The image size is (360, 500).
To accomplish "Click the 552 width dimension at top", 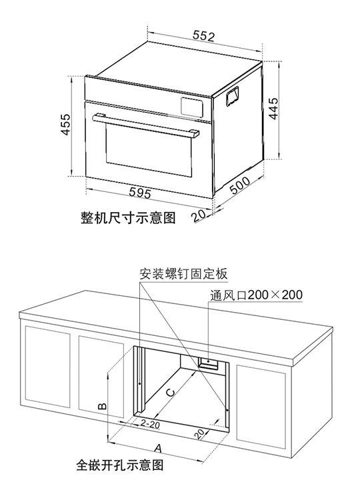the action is [x=204, y=36].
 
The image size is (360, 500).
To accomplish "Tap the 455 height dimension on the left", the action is [x=66, y=124].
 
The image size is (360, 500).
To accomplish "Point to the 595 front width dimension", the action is [x=139, y=192].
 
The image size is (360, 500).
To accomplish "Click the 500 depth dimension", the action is [x=240, y=185].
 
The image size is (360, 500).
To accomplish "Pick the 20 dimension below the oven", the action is [x=199, y=216].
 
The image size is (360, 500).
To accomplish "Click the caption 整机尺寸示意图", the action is [x=128, y=218].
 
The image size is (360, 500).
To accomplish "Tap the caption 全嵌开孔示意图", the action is [x=120, y=465].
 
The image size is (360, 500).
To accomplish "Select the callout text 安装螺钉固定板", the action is [x=184, y=274].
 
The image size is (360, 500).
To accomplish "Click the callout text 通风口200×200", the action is [x=256, y=295].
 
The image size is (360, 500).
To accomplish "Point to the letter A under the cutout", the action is [x=157, y=449].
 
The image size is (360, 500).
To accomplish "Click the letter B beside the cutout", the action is [x=103, y=406].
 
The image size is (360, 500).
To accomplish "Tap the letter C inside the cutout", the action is [x=171, y=392].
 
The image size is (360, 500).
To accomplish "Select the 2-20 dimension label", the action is [x=150, y=424].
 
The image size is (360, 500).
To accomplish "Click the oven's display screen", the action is [x=192, y=107].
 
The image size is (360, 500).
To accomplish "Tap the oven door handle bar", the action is [x=146, y=125].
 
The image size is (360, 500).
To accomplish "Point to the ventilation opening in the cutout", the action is [x=208, y=363].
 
